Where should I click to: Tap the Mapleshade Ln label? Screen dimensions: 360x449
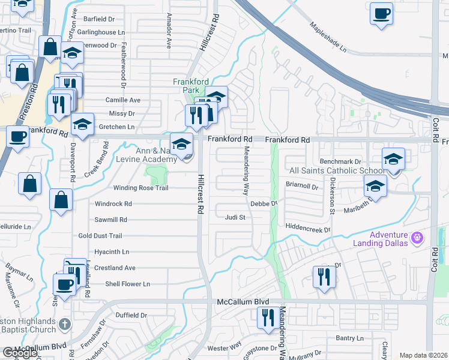point(329,37)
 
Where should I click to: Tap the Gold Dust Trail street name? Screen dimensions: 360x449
point(100,236)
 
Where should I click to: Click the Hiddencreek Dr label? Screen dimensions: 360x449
point(309,229)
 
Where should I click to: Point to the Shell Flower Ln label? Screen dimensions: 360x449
point(127,284)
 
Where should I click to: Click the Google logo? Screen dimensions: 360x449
point(20,353)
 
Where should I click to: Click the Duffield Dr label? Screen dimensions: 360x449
point(131,315)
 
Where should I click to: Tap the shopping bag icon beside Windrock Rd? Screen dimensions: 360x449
point(61,201)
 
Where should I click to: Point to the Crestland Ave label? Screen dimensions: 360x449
point(115,268)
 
